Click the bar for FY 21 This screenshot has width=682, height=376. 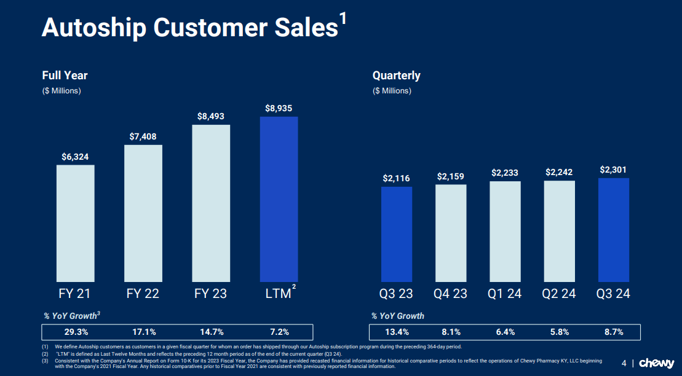pyautogui.click(x=76, y=223)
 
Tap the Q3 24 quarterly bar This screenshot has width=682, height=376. pyautogui.click(x=613, y=230)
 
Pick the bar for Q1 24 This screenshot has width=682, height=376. pyautogui.click(x=505, y=232)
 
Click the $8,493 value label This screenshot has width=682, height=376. pyautogui.click(x=211, y=116)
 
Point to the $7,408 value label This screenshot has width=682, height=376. pyautogui.click(x=143, y=135)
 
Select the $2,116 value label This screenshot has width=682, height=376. pyautogui.click(x=396, y=178)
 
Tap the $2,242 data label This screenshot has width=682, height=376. pyautogui.click(x=559, y=173)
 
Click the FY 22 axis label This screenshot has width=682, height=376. pyautogui.click(x=143, y=294)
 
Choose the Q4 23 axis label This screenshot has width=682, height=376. pyautogui.click(x=450, y=294)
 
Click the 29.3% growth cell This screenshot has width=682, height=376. pyautogui.click(x=76, y=332)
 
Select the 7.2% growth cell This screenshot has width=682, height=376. pyautogui.click(x=279, y=332)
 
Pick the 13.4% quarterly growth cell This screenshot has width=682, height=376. pyautogui.click(x=397, y=332)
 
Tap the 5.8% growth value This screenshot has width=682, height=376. pyautogui.click(x=559, y=332)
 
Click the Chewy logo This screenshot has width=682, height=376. pyautogui.click(x=656, y=363)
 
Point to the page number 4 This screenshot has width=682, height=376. pyautogui.click(x=624, y=363)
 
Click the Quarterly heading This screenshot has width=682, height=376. pyautogui.click(x=396, y=76)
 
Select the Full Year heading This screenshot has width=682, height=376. pyautogui.click(x=65, y=76)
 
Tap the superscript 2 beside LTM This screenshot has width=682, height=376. pyautogui.click(x=294, y=286)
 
